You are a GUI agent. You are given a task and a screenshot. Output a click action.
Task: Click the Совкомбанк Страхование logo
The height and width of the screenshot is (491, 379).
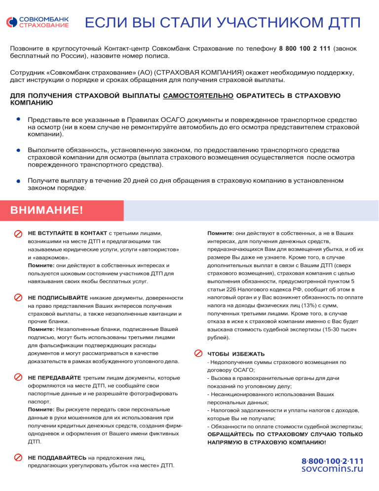click(38, 22)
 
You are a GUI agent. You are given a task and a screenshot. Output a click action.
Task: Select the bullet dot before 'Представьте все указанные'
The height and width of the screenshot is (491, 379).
click(18, 120)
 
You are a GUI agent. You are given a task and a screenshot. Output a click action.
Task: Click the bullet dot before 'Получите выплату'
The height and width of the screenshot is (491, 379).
click(18, 181)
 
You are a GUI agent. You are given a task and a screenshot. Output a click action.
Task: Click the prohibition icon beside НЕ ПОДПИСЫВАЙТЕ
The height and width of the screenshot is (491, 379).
click(18, 298)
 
